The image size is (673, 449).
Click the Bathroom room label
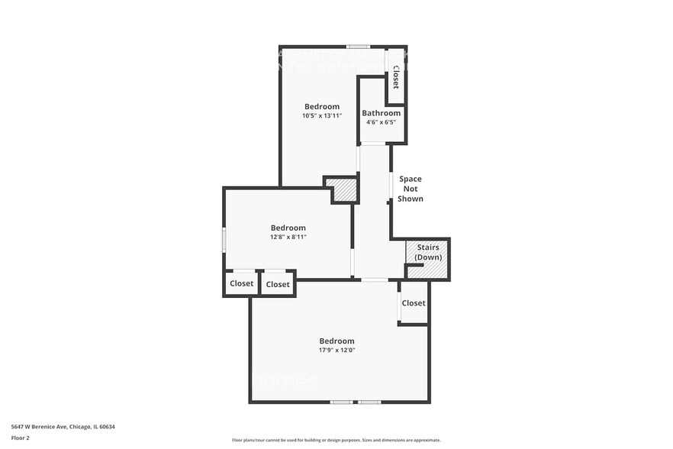pyautogui.click(x=381, y=113)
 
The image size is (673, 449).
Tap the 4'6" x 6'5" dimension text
pyautogui.click(x=381, y=122)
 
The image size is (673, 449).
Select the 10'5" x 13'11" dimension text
pyautogui.click(x=321, y=116)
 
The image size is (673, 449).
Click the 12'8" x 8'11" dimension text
pyautogui.click(x=288, y=237)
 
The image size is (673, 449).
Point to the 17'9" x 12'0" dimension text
pyautogui.click(x=336, y=350)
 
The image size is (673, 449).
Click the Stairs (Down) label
pyautogui.click(x=427, y=253)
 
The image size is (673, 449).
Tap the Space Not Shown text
pyautogui.click(x=410, y=189)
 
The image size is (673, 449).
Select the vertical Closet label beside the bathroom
pyautogui.click(x=395, y=76)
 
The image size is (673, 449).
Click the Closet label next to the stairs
pyautogui.click(x=413, y=303)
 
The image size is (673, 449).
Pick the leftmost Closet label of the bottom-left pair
pyautogui.click(x=241, y=284)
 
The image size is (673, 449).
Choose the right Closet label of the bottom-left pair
pyautogui.click(x=278, y=285)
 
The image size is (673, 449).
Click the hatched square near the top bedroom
pyautogui.click(x=345, y=190)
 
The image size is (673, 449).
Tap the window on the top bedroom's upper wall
pyautogui.click(x=358, y=47)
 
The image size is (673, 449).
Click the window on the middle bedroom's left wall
pyautogui.click(x=224, y=238)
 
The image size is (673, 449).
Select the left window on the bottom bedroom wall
pyautogui.click(x=341, y=402)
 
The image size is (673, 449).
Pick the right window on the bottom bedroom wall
pyautogui.click(x=369, y=402)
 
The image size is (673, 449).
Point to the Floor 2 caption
pyautogui.click(x=20, y=438)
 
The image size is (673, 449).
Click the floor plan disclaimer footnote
pyautogui.click(x=336, y=440)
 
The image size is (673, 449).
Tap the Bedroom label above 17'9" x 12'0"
pyautogui.click(x=336, y=341)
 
